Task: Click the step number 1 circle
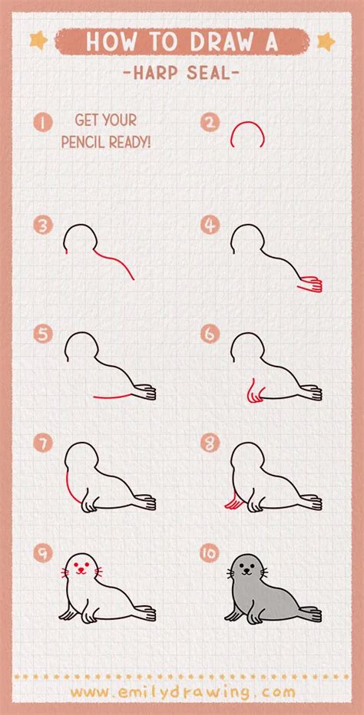(x=42, y=121)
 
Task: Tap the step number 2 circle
(x=210, y=121)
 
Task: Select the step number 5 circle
(x=42, y=334)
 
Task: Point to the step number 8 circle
(x=210, y=443)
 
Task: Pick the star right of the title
(x=326, y=39)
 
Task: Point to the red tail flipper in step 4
(x=310, y=284)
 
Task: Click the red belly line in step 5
(x=115, y=396)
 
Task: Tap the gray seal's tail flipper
(x=310, y=614)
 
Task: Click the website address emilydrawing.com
(x=182, y=693)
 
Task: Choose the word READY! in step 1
(x=133, y=143)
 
